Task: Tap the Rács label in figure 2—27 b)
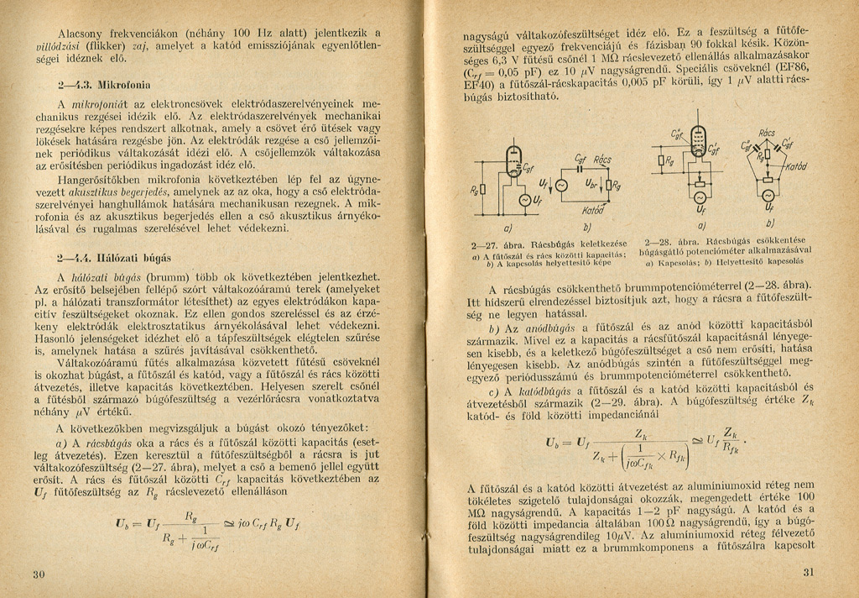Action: click(603, 160)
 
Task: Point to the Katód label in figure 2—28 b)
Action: click(796, 166)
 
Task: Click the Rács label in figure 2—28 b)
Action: click(767, 133)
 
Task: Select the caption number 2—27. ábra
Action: click(497, 244)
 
